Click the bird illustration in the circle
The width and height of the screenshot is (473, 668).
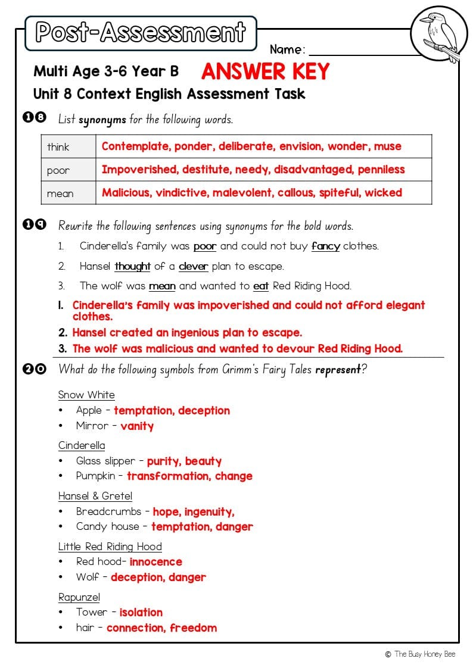point(439,35)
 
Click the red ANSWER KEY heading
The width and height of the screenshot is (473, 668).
point(265,71)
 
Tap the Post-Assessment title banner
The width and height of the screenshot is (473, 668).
point(141,33)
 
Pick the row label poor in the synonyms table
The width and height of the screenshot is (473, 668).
point(58,170)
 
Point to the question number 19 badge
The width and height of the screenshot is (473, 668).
point(35,225)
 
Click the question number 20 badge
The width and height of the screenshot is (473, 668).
point(35,369)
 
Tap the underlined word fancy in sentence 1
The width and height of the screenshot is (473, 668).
point(325,246)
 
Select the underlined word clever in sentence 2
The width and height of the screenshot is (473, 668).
point(194,266)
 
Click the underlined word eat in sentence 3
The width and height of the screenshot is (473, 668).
point(261,286)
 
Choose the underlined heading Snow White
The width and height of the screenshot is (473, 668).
point(86,395)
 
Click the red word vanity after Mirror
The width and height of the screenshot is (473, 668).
point(137,426)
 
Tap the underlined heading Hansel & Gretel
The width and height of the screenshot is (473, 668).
point(95,496)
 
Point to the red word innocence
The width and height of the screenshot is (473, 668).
point(156,561)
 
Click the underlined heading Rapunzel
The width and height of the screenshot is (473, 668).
point(79,597)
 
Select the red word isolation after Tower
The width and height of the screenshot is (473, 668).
point(141,612)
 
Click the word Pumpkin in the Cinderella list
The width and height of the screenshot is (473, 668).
point(95,476)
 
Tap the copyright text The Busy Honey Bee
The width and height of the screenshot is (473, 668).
point(424,654)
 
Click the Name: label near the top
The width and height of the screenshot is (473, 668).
point(288,49)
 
